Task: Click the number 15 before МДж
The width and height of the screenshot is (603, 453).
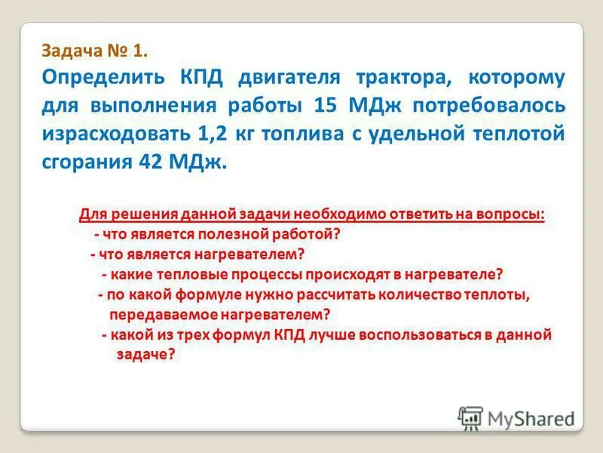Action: [326, 106]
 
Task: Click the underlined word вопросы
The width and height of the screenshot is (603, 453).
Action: [512, 214]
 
